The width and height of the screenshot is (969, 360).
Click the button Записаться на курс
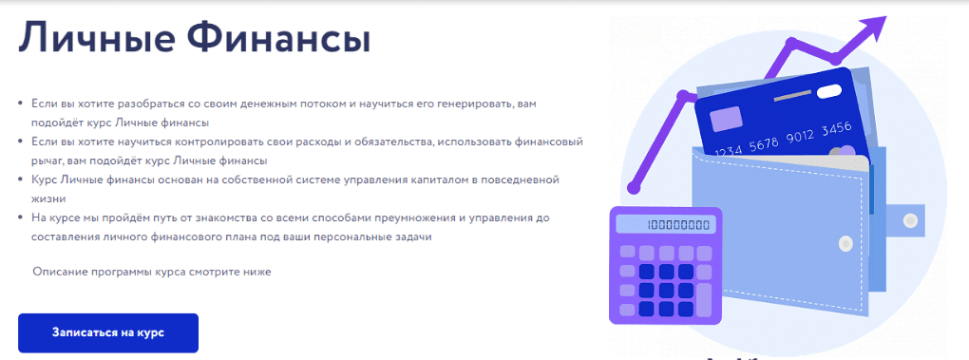pos(108,332)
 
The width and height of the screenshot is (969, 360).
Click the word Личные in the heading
pos(93,38)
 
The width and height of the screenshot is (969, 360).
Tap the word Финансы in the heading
pos(278,38)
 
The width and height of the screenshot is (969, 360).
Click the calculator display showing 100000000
pos(671,225)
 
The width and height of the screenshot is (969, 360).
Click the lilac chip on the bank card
pos(726,118)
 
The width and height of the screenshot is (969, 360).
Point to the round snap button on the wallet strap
pos(910,220)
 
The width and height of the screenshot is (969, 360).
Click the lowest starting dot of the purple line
pos(632,186)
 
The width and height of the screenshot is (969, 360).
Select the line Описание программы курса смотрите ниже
pos(152,271)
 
